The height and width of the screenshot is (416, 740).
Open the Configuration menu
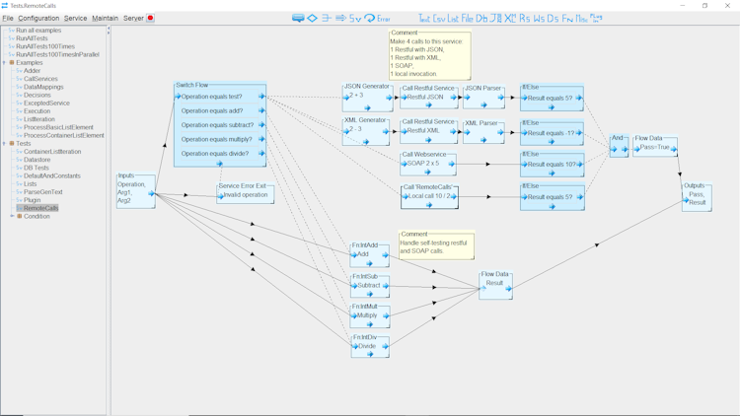[38, 18]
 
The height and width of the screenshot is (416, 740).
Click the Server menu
[132, 18]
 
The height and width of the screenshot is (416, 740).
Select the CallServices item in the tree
[40, 79]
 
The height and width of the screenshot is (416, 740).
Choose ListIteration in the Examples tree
[39, 119]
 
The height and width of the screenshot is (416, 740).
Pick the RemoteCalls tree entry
[40, 208]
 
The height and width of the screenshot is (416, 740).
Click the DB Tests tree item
[36, 168]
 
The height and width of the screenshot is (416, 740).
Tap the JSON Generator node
[367, 97]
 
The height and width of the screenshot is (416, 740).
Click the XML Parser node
[483, 130]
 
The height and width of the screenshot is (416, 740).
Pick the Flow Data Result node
[495, 284]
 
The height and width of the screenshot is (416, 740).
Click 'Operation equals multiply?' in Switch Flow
[219, 139]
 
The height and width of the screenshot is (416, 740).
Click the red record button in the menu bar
[150, 18]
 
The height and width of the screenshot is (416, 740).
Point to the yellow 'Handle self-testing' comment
[436, 245]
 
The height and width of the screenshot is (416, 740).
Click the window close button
[727, 6]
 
